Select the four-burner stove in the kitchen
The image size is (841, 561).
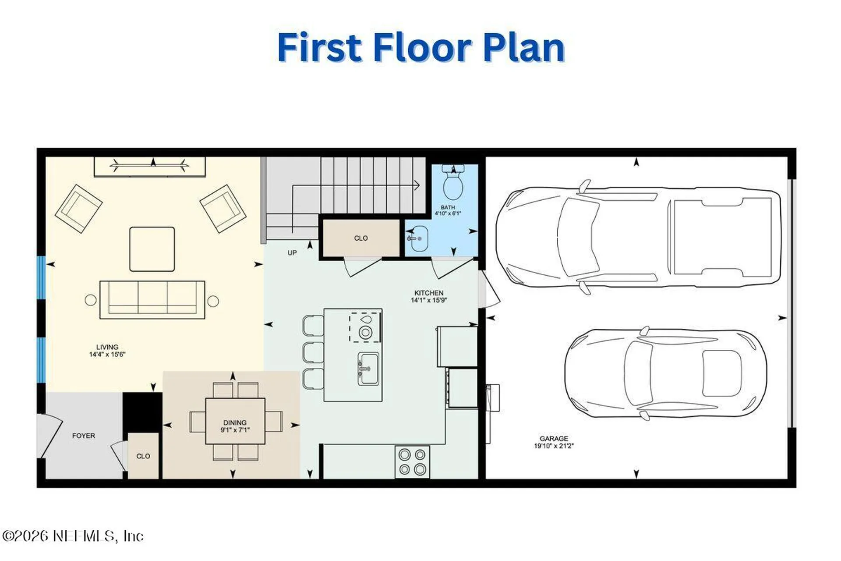(412, 462)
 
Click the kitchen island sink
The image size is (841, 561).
(368, 369)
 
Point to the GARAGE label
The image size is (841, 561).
(554, 438)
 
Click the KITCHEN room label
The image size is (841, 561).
(429, 293)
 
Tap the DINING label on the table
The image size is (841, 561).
(235, 423)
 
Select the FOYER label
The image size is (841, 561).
(83, 436)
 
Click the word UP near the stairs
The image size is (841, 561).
(292, 253)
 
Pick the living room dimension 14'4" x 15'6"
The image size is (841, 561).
(107, 354)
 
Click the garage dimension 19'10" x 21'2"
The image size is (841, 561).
(554, 446)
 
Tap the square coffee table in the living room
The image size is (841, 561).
(152, 249)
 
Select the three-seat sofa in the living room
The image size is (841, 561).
(152, 300)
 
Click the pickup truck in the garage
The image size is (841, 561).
(638, 237)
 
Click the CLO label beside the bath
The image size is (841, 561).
(361, 238)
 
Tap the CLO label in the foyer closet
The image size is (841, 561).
(143, 456)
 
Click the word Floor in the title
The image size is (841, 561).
(422, 47)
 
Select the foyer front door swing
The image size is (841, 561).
(50, 436)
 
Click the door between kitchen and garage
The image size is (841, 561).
(490, 289)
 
